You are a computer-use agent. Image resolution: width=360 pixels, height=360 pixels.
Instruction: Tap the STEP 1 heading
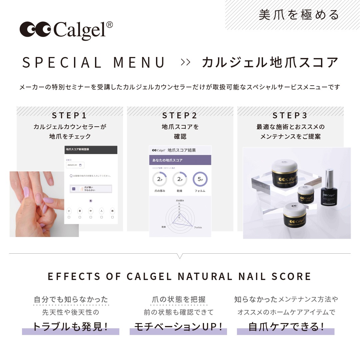pyautogui.click(x=69, y=115)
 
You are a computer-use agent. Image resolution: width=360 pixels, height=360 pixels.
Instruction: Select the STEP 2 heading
pyautogui.click(x=180, y=115)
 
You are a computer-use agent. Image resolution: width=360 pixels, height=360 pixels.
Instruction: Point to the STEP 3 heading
pyautogui.click(x=290, y=115)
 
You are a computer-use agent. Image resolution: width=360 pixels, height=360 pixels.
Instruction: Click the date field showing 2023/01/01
pyautogui.click(x=75, y=165)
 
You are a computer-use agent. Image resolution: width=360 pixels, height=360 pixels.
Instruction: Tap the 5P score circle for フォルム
pyautogui.click(x=200, y=179)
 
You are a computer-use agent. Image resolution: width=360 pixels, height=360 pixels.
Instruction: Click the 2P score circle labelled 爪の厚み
pyautogui.click(x=160, y=179)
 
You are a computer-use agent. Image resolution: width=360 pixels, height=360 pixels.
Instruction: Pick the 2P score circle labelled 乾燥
pyautogui.click(x=180, y=179)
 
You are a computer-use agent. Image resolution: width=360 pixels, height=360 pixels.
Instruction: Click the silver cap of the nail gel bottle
pyautogui.click(x=329, y=177)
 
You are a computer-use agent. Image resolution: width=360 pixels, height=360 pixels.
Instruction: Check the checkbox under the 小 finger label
pyautogui.click(x=69, y=217)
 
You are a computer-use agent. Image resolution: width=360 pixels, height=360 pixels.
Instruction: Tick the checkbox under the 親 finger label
pyautogui.click(x=112, y=217)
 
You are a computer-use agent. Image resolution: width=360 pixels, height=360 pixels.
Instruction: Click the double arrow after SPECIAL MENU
pyautogui.click(x=185, y=62)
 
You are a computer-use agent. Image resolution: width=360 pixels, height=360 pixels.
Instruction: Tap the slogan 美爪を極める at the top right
pyautogui.click(x=299, y=15)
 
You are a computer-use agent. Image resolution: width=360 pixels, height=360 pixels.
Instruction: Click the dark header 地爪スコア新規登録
pyautogui.click(x=91, y=150)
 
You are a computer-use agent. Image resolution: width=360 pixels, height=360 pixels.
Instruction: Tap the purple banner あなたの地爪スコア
pyautogui.click(x=180, y=160)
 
